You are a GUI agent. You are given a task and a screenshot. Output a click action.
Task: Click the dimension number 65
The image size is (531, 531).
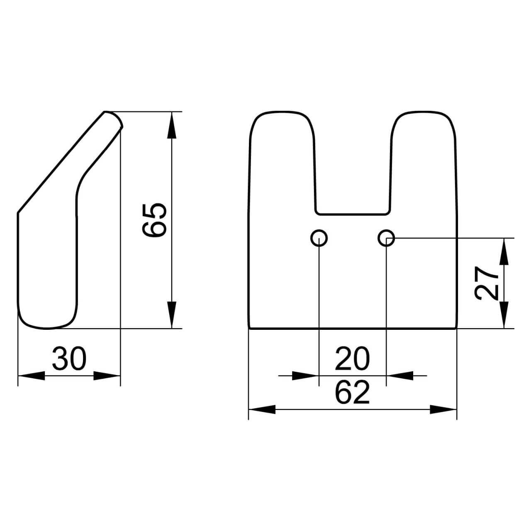click(x=154, y=220)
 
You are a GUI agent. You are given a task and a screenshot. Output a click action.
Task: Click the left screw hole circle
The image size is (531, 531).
click(x=319, y=238)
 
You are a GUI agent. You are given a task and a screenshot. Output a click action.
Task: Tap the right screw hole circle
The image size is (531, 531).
click(x=386, y=238)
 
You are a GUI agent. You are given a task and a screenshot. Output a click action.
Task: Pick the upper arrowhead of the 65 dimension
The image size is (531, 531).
click(x=172, y=125)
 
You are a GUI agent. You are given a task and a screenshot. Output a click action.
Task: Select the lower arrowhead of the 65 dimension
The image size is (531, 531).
click(x=172, y=315)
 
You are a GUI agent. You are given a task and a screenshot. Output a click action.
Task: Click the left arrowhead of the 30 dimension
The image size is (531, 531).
click(x=31, y=375)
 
